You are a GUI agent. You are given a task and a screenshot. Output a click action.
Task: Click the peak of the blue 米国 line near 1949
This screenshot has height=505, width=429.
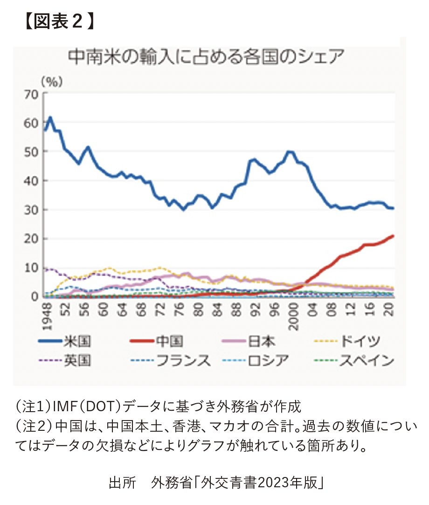(50, 118)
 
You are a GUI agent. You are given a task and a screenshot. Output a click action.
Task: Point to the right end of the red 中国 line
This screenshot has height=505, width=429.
(393, 236)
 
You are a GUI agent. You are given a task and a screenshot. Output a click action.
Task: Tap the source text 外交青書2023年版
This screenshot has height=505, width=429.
(259, 483)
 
